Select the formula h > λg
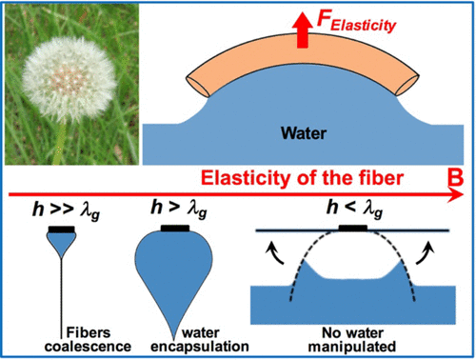(173, 208)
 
